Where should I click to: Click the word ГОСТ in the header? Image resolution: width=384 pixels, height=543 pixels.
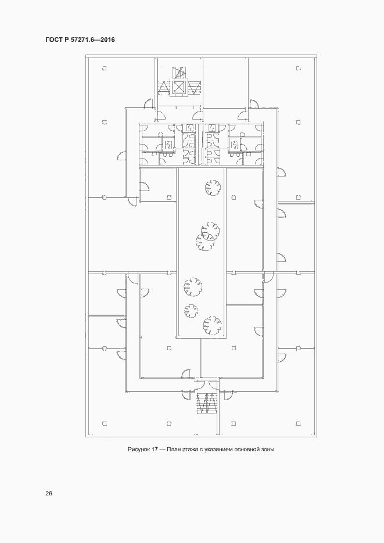click(x=53, y=39)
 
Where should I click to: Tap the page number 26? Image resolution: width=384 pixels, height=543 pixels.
click(x=48, y=494)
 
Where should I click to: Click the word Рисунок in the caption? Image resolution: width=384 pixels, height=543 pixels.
click(x=138, y=449)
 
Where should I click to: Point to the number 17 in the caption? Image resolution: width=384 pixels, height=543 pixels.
click(x=155, y=449)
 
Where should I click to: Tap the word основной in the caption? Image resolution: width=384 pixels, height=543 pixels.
click(x=247, y=449)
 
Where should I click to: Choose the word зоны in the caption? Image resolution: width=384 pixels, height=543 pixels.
click(x=268, y=449)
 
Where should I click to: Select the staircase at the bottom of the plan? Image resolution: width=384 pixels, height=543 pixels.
click(x=207, y=403)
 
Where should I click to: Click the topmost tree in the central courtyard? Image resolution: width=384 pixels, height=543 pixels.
click(x=213, y=188)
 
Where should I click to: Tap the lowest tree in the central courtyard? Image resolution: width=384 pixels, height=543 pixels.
click(x=212, y=325)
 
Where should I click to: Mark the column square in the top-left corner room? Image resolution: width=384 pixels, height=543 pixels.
click(x=104, y=69)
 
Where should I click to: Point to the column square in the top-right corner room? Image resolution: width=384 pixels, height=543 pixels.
click(x=298, y=69)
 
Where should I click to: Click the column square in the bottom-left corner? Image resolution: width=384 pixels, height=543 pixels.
click(x=104, y=423)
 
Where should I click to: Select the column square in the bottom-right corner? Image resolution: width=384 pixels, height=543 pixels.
click(x=298, y=423)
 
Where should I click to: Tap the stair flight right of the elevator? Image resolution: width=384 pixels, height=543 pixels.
click(x=193, y=87)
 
